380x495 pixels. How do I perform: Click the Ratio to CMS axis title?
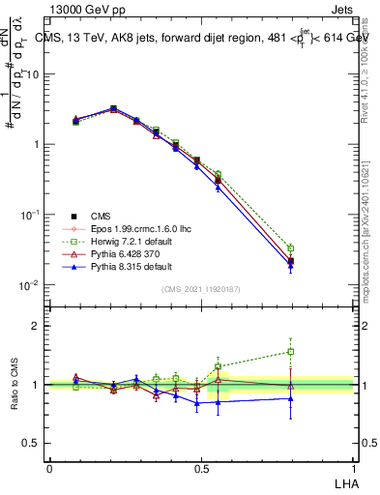(15, 385)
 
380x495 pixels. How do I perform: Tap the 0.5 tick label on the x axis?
(201, 468)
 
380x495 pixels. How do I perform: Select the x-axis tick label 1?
(353, 468)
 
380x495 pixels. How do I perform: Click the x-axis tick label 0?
(49, 468)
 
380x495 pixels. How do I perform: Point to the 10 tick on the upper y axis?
(32, 73)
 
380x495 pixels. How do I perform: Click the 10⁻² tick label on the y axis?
(29, 284)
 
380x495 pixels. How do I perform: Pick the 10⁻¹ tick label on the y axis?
(29, 214)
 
